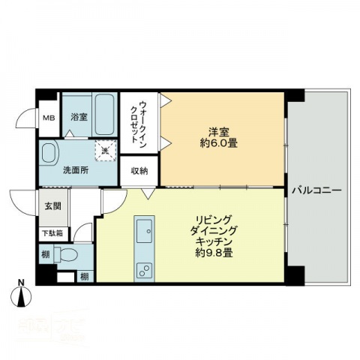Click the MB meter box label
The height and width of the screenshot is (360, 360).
(48, 118)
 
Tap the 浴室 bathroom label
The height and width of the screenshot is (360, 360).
(79, 118)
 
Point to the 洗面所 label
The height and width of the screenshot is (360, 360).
(75, 169)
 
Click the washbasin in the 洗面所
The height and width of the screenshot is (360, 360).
(49, 154)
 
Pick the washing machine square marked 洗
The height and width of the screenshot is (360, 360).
(104, 150)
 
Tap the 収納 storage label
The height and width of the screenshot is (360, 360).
(139, 170)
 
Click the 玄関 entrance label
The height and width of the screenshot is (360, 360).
(52, 206)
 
